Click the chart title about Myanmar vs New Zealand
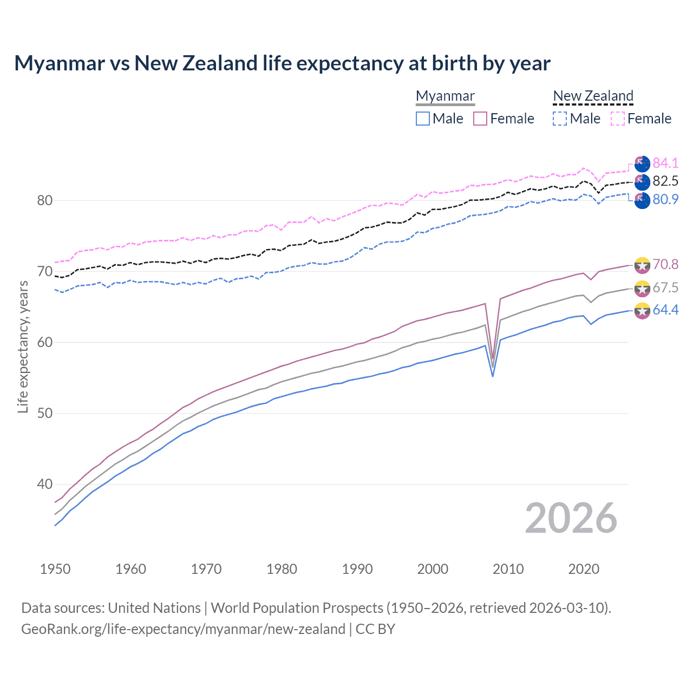pyautogui.click(x=282, y=63)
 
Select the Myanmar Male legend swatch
pyautogui.click(x=423, y=119)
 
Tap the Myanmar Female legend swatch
pyautogui.click(x=480, y=119)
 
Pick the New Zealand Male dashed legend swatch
pyautogui.click(x=560, y=119)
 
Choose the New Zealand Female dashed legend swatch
pyautogui.click(x=618, y=119)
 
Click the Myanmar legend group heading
pyautogui.click(x=445, y=96)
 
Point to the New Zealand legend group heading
pyautogui.click(x=593, y=96)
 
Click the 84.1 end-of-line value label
pyautogui.click(x=665, y=163)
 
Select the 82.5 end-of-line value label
pyautogui.click(x=665, y=181)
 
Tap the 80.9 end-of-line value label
pyautogui.click(x=665, y=199)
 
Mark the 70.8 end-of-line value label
pyautogui.click(x=665, y=264)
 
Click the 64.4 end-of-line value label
pyautogui.click(x=665, y=310)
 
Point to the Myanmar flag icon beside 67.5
pyautogui.click(x=642, y=288)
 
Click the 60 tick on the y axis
pyautogui.click(x=45, y=342)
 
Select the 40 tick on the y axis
pyautogui.click(x=45, y=484)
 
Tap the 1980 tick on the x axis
pyautogui.click(x=282, y=569)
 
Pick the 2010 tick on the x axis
pyautogui.click(x=508, y=569)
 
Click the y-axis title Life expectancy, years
pyautogui.click(x=23, y=346)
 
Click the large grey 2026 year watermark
pyautogui.click(x=571, y=518)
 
